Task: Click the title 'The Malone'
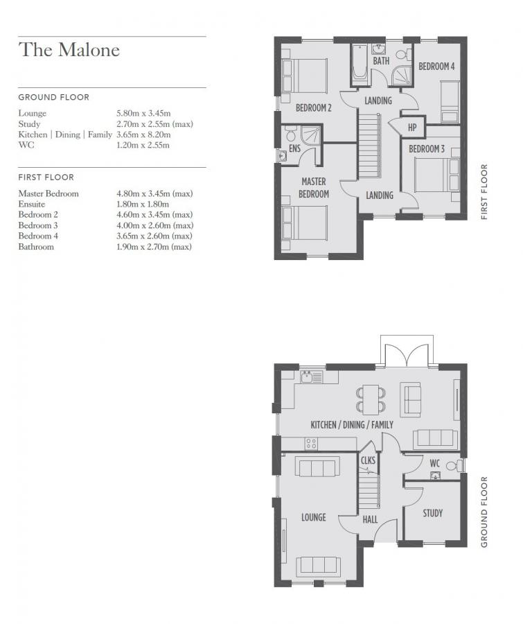tap(69, 50)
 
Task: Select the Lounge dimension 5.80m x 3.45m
tap(143, 114)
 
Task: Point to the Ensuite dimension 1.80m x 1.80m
tap(143, 204)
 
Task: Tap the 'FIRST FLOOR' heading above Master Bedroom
tap(46, 177)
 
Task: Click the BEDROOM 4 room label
tap(436, 67)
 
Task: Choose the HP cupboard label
tap(412, 128)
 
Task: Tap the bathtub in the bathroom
tap(360, 64)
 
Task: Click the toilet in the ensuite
tap(291, 134)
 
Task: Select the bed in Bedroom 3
tap(436, 175)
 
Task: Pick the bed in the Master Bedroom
tap(305, 223)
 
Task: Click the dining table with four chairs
tap(371, 399)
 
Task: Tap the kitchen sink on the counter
tap(312, 377)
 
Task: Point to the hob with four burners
tap(311, 443)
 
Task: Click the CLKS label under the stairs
tap(368, 460)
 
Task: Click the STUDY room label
tap(433, 513)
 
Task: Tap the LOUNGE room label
tap(313, 517)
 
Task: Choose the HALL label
tap(371, 519)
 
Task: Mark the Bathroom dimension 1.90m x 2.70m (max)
tap(154, 247)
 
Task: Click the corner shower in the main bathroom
tap(401, 76)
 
